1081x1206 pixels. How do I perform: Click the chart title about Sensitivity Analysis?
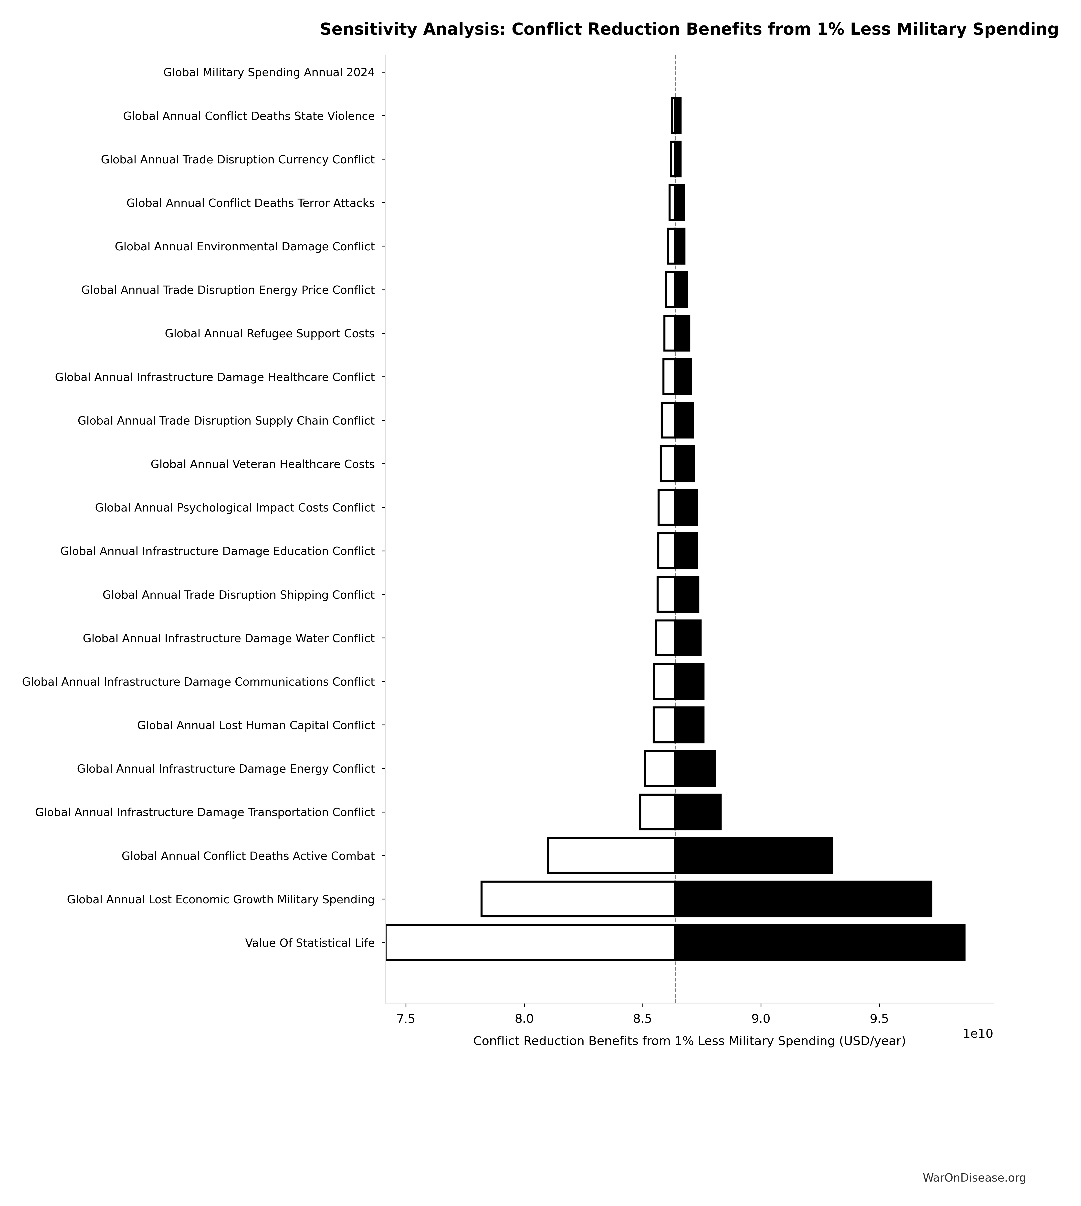689,30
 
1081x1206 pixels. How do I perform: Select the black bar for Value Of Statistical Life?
820,942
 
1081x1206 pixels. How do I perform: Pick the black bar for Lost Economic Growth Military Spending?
803,899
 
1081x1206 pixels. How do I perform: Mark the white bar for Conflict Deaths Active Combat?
611,855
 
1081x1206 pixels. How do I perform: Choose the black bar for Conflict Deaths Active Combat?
753,855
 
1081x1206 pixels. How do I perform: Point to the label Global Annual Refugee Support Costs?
270,333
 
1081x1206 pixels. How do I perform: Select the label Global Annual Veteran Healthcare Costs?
262,464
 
